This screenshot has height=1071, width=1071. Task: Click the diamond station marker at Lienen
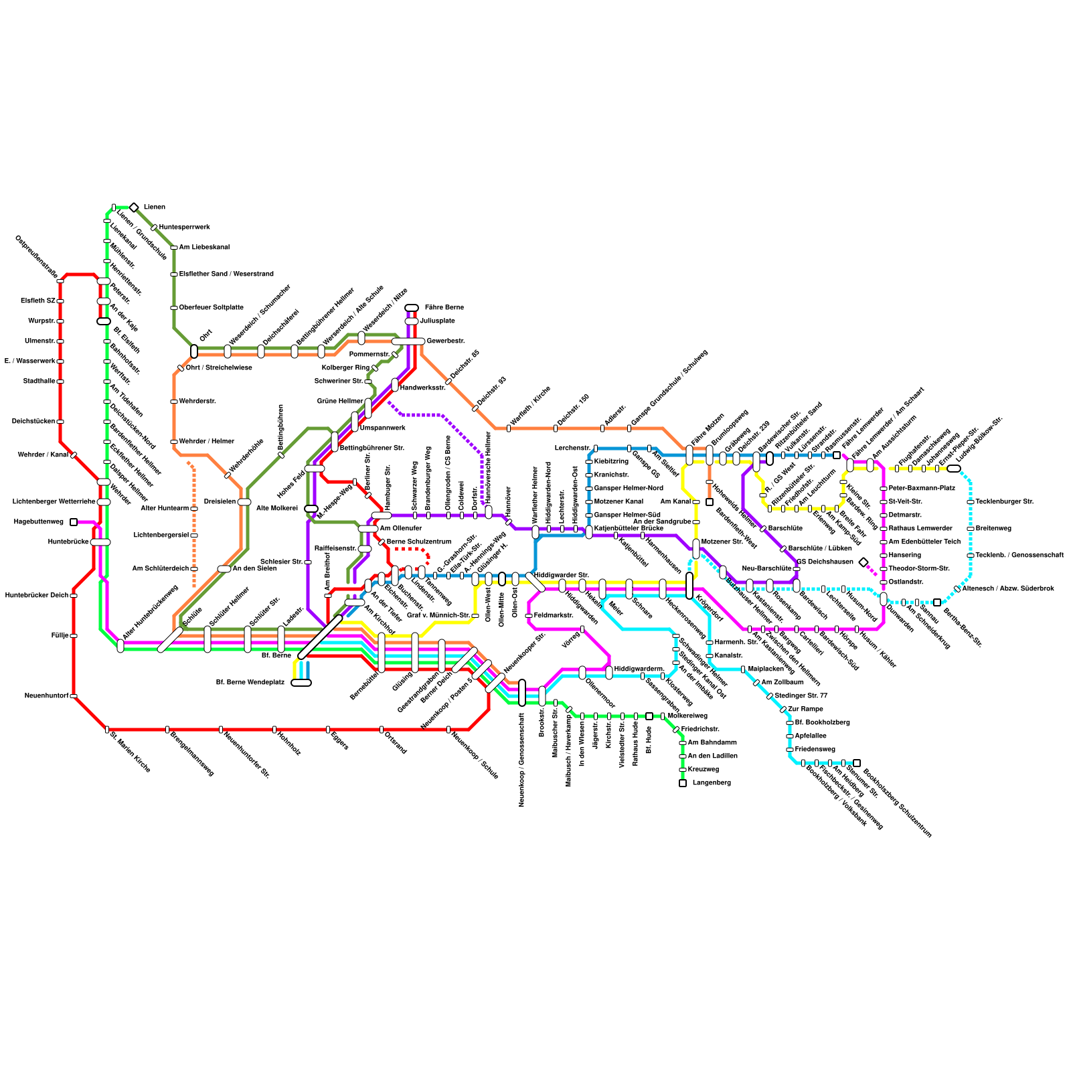tap(134, 208)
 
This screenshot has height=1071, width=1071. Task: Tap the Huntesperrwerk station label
tap(184, 228)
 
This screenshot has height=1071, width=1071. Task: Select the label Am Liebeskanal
tap(204, 248)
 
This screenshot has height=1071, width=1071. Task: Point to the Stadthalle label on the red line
tap(39, 382)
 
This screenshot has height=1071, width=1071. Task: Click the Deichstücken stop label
tap(33, 422)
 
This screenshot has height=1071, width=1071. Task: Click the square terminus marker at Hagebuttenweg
tap(74, 522)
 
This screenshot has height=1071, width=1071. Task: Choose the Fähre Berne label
tap(444, 308)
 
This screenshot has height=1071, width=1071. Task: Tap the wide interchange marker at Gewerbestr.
tap(408, 341)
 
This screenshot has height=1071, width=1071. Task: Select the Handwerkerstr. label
tap(423, 388)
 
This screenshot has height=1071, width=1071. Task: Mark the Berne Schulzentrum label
tap(419, 542)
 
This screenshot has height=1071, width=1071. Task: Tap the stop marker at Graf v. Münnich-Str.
tap(475, 615)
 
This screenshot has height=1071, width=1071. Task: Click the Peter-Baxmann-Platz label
tap(922, 489)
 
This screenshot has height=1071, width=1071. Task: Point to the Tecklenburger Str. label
tap(1004, 502)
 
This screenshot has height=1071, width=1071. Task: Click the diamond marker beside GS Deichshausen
tap(863, 562)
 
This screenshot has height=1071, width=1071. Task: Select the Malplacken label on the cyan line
tap(766, 669)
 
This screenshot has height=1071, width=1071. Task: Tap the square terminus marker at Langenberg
tap(683, 783)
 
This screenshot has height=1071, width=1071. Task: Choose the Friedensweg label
tap(815, 750)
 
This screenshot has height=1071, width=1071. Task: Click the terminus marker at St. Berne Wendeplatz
tap(301, 683)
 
